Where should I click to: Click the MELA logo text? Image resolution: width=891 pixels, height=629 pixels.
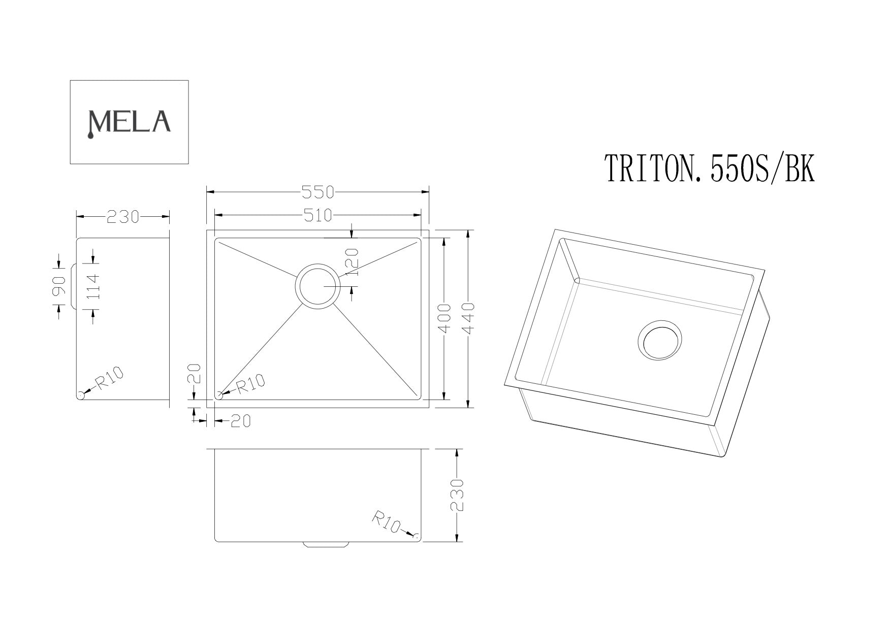point(129,121)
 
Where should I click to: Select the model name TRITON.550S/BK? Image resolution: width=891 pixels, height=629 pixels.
point(709,170)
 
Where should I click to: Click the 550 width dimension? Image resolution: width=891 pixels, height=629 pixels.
point(317,192)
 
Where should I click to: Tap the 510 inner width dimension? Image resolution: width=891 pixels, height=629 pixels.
point(317,216)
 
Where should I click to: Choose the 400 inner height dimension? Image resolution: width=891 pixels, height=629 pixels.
point(444,318)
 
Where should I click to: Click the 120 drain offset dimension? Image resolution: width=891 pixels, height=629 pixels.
point(353,261)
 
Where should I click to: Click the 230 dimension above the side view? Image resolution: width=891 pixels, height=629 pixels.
point(122,217)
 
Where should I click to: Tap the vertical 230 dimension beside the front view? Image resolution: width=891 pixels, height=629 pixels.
point(457,494)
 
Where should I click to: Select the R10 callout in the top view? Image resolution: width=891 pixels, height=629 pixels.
point(250,383)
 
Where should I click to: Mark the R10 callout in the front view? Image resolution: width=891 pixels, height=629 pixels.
point(388,521)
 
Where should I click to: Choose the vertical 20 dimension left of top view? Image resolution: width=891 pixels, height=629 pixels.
point(197,374)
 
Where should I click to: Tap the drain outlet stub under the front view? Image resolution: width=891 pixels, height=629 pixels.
point(326,544)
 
